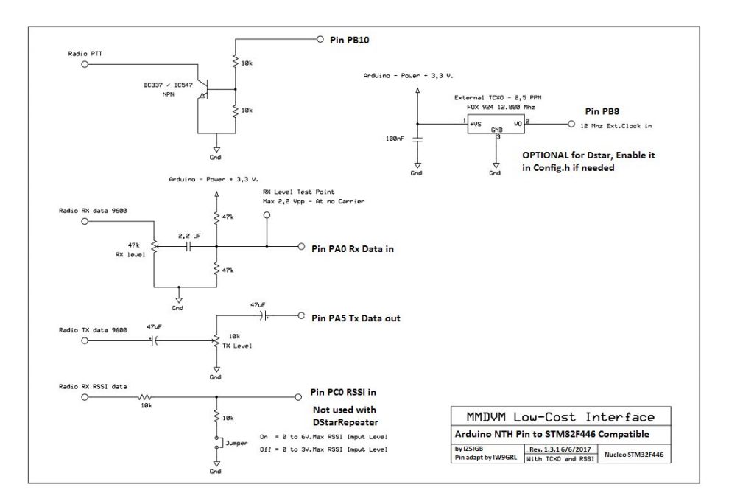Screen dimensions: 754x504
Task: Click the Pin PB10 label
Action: coord(350,40)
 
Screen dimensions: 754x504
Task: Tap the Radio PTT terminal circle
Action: coord(85,64)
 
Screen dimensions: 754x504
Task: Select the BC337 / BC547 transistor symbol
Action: coord(205,90)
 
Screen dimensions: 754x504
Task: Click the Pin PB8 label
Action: coord(602,111)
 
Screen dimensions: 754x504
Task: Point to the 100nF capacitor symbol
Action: coord(417,139)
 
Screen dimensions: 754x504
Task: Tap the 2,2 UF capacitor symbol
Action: coord(188,246)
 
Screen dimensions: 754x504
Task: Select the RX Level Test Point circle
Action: coord(267,215)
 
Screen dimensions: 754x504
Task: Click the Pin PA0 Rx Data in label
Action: coord(353,249)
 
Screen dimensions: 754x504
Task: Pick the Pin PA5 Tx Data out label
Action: coord(356,318)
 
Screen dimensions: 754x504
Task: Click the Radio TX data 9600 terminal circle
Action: coord(85,341)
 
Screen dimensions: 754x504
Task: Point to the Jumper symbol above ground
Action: coord(216,443)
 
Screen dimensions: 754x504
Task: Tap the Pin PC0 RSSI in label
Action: coord(343,392)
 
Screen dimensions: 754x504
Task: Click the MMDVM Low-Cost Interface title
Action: coord(560,416)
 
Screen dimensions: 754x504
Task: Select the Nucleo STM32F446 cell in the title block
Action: coord(634,455)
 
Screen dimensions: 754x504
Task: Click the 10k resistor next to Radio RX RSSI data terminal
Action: coord(145,398)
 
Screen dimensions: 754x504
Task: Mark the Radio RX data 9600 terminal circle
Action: coord(85,222)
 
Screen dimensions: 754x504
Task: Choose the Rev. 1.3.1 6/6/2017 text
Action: coord(560,449)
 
